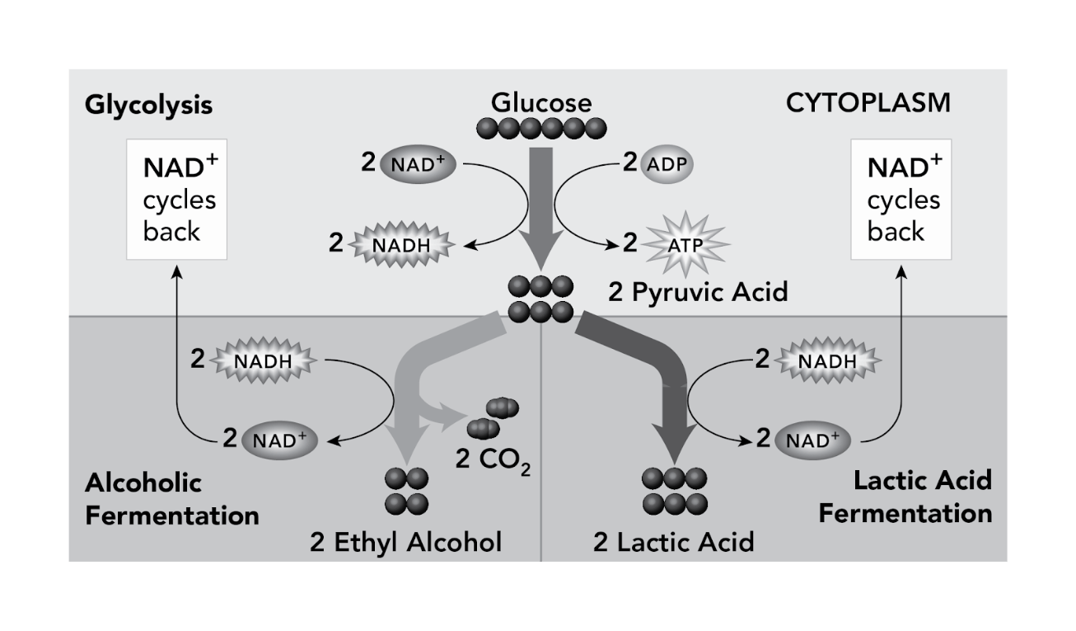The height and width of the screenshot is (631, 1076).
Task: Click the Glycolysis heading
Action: point(148,106)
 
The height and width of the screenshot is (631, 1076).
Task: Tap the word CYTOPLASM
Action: point(868,103)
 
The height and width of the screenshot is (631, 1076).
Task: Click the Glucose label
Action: point(541,102)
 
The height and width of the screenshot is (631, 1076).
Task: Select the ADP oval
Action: point(667,164)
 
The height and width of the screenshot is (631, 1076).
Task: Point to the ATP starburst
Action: point(686,245)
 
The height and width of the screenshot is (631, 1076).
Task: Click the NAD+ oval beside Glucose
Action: point(418,164)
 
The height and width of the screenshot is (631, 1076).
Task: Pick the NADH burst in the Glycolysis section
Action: point(401,245)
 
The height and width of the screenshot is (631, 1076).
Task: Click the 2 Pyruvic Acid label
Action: point(698,291)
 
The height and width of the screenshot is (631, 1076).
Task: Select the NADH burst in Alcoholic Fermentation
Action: point(264,360)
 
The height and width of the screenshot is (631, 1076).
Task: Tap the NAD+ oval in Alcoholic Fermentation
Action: point(279,440)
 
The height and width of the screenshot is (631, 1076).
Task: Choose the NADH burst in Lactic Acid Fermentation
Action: point(828,360)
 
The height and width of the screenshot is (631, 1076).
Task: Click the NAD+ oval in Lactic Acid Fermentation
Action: point(812,440)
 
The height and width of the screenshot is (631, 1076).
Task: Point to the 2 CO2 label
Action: point(493,461)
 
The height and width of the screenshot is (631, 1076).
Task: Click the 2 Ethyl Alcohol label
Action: point(406,542)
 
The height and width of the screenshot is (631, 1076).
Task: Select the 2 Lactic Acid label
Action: point(673,542)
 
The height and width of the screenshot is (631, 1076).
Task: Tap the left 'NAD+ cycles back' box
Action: point(177,200)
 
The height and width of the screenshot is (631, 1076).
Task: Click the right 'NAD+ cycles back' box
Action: point(901,200)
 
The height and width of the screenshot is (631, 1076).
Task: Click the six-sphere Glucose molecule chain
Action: point(541,129)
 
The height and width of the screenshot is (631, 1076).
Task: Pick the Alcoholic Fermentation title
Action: point(172,499)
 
